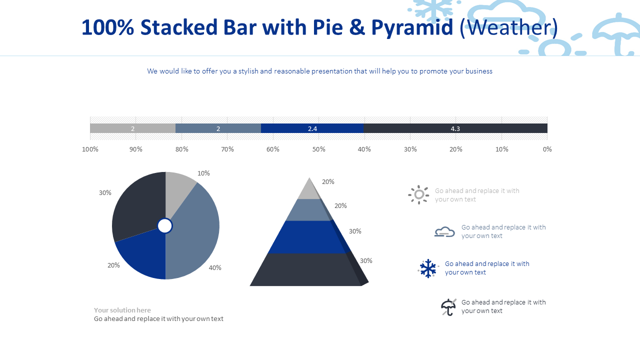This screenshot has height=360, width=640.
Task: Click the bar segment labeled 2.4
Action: point(312,128)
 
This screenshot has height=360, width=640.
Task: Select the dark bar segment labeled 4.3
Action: point(455,128)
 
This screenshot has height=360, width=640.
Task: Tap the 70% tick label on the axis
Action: point(227,149)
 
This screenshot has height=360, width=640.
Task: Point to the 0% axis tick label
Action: point(547,149)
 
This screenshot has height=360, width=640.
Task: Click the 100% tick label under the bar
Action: point(90,149)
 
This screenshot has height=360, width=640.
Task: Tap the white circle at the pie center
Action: point(165,226)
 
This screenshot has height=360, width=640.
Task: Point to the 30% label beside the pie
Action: point(105,192)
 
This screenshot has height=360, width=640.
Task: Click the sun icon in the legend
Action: point(418,194)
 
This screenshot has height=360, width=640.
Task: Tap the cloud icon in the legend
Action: point(444,231)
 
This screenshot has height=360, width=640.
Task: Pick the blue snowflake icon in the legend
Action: point(428,268)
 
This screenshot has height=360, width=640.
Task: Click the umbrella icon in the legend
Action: point(448,307)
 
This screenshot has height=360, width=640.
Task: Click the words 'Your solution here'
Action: point(122,310)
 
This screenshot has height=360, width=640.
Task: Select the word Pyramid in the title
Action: point(412,27)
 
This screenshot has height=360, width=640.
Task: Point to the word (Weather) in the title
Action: point(508,27)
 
